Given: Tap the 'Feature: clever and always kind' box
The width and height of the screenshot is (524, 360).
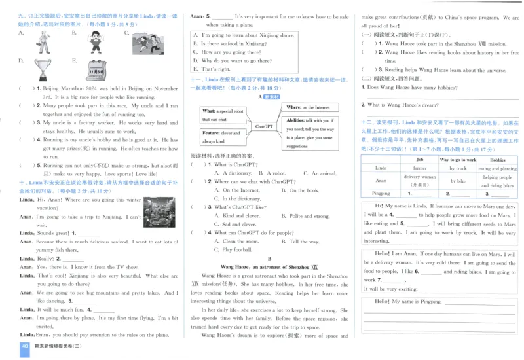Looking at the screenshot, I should (x=220, y=137).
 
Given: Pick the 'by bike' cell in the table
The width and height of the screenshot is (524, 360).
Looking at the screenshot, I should (x=457, y=181).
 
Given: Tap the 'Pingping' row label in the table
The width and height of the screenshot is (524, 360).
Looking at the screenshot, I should (x=381, y=193).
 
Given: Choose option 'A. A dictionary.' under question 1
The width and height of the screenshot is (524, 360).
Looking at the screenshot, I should (x=236, y=173).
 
